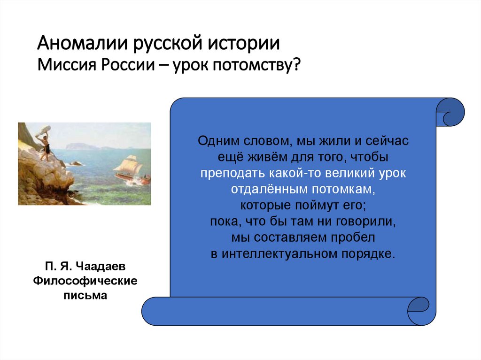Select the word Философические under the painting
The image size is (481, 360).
pyautogui.click(x=85, y=281)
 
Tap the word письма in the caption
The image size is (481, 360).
pyautogui.click(x=85, y=296)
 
